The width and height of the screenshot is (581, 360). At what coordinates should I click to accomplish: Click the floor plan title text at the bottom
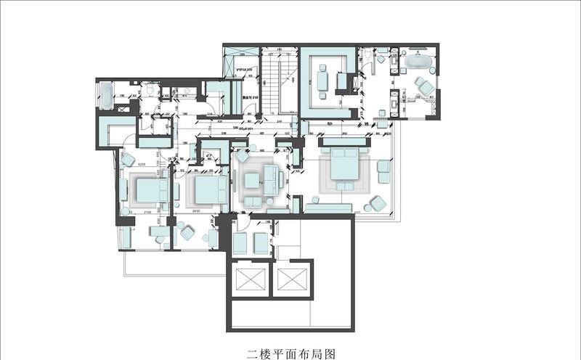(290, 353)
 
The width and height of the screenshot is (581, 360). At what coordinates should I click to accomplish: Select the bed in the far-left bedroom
(149, 190)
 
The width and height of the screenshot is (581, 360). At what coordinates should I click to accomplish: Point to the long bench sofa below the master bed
(328, 208)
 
